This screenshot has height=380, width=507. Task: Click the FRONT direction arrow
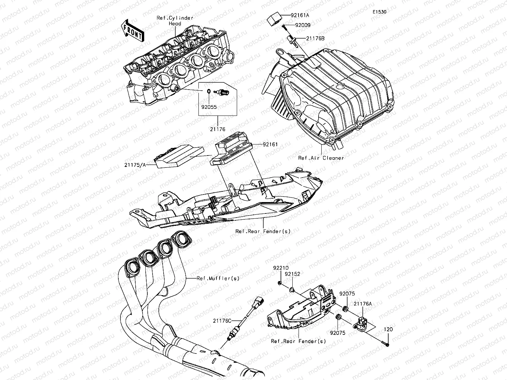(x=133, y=31)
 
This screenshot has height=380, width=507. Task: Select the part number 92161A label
(x=300, y=15)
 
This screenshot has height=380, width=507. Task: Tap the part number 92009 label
(x=302, y=25)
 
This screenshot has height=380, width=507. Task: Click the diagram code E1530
(x=379, y=12)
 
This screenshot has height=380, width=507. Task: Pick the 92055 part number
(x=209, y=107)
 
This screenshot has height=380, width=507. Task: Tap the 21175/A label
(x=135, y=165)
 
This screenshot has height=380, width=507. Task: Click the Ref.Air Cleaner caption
(x=321, y=158)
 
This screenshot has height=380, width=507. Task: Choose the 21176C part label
(x=222, y=321)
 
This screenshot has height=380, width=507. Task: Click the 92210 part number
(x=281, y=268)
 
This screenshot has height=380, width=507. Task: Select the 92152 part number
(x=292, y=274)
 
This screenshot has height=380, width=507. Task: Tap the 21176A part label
(x=363, y=303)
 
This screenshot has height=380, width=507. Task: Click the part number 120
(x=388, y=329)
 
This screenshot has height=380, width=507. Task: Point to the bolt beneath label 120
(x=385, y=343)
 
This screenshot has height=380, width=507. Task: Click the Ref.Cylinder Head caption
(x=175, y=21)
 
